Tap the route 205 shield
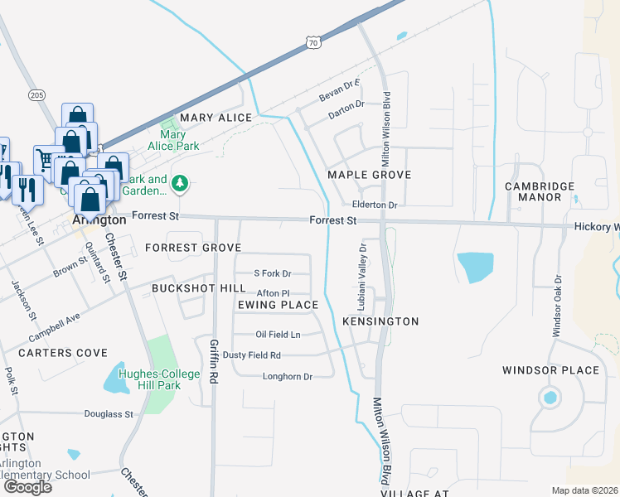point(36,95)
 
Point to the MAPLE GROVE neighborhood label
point(370,175)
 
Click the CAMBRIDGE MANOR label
point(545,192)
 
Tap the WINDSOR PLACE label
point(550,369)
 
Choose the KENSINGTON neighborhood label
point(380,321)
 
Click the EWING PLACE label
point(278,305)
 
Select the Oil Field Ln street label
point(278,335)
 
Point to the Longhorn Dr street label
point(287,376)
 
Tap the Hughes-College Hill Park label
point(160,379)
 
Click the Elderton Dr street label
point(375,205)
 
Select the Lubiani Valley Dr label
point(362,277)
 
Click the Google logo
point(27,487)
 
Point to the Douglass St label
point(109,413)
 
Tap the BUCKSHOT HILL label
point(198,287)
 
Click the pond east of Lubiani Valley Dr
point(475,268)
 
